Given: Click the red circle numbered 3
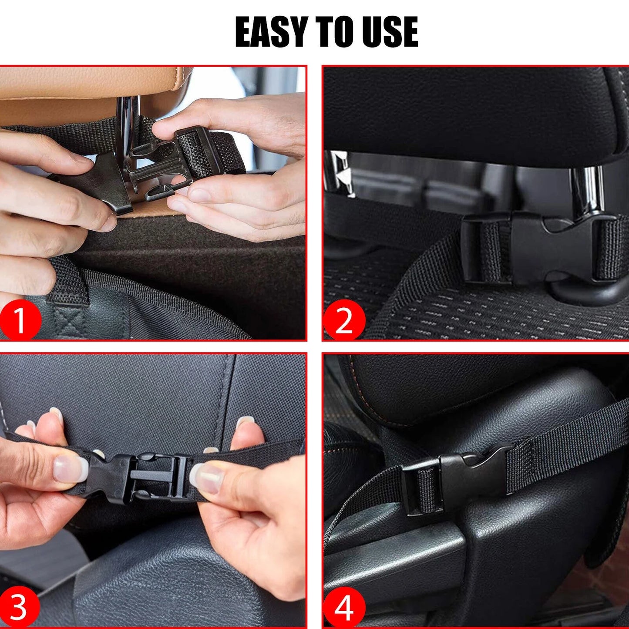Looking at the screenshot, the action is pos(20,606).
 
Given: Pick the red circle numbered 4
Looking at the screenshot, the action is pos(344,607).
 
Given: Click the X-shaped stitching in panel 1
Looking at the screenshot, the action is pos(69,323).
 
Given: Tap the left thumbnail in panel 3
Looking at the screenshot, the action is pos(70,469).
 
